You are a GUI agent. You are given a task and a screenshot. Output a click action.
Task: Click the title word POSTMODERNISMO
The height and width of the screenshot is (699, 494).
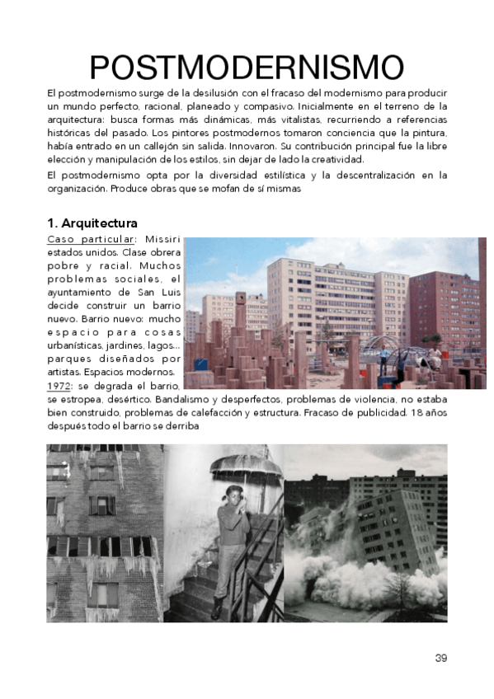click(x=247, y=67)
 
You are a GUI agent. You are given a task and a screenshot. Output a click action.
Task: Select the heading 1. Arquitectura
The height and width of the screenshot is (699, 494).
click(x=92, y=223)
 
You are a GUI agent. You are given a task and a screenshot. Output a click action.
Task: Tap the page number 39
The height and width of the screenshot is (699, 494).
click(x=440, y=657)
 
